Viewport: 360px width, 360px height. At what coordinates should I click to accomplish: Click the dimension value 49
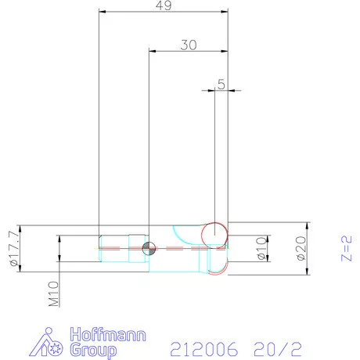164,5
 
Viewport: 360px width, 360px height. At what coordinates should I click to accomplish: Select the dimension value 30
188,45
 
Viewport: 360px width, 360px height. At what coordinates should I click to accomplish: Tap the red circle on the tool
214,233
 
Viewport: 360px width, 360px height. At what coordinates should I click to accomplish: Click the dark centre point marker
149,248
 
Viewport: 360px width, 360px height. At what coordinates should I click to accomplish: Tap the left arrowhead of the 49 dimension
102,13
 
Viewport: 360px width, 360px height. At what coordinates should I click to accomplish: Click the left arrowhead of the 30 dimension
152,52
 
